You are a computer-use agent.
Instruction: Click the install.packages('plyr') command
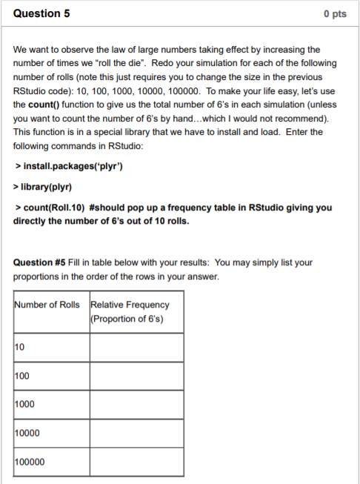pos(71,165)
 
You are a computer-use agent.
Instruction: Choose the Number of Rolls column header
pos(49,305)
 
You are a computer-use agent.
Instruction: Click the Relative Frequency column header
pos(130,311)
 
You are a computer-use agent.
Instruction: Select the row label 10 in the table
pos(19,348)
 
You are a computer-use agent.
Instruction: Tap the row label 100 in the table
pos(21,377)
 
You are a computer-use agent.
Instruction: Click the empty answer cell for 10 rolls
pos(136,348)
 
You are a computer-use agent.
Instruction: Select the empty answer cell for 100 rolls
pos(136,376)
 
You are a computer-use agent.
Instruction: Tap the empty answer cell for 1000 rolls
pos(136,404)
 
